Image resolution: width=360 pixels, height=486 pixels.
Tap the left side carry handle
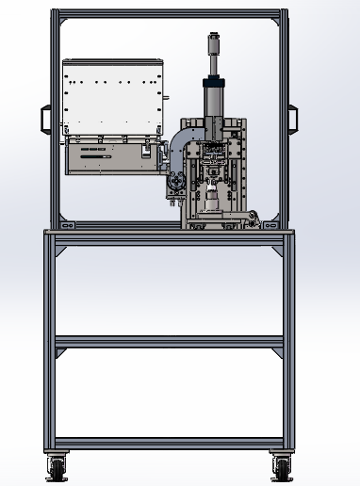[x=44, y=119]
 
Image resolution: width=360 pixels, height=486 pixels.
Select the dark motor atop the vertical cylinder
[x=216, y=45]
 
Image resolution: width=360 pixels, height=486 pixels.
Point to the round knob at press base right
[x=254, y=221]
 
